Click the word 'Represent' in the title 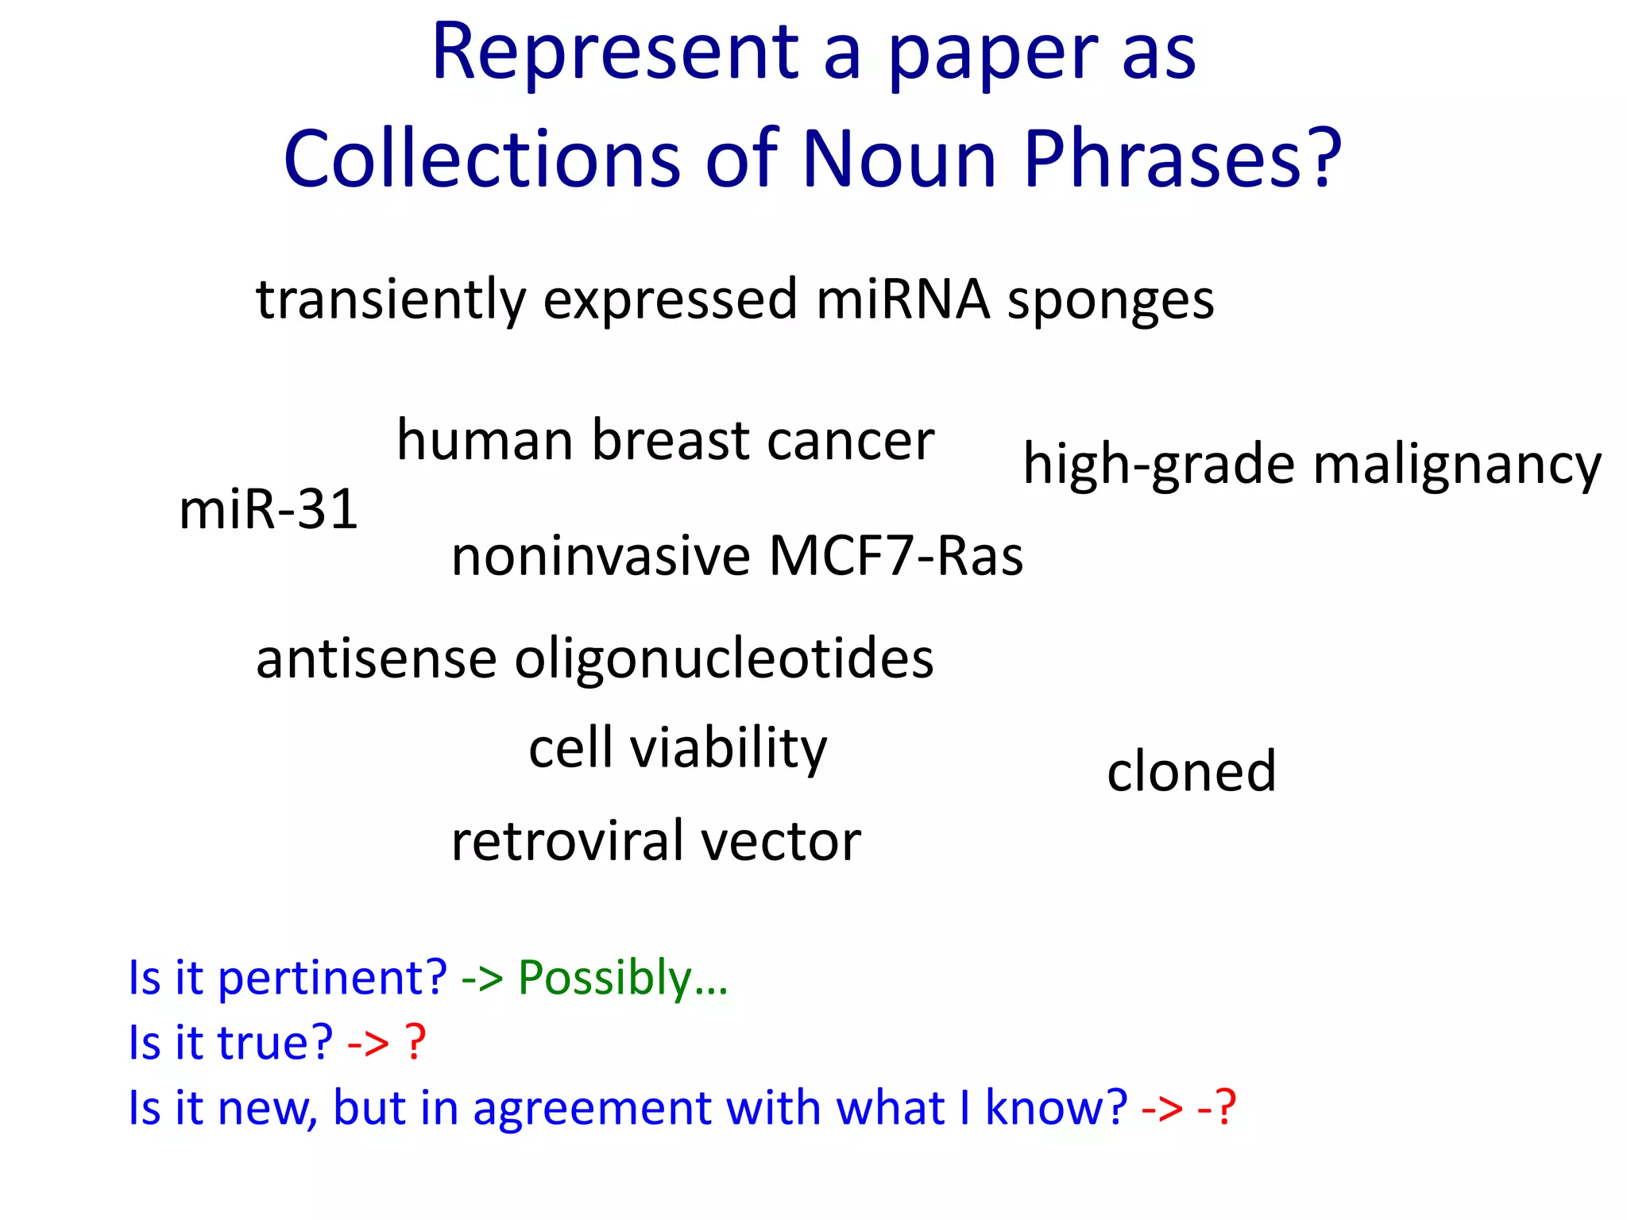[x=616, y=52]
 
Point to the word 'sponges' [x=1111, y=302]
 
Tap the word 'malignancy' [x=1456, y=465]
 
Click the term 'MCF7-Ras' [x=895, y=556]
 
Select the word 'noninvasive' [x=601, y=556]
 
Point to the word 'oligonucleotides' [x=724, y=659]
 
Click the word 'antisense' [x=376, y=659]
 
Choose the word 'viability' [x=728, y=749]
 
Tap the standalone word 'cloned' [x=1191, y=771]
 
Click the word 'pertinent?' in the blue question [x=332, y=979]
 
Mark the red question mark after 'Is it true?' [x=415, y=1042]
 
